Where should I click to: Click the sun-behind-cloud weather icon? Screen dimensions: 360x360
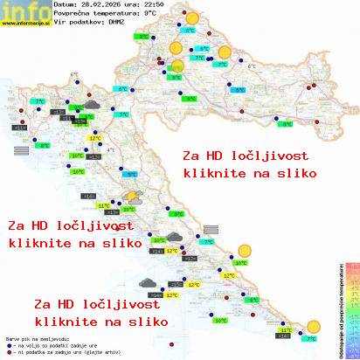click(134, 197)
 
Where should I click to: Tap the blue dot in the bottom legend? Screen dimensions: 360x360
click(9, 343)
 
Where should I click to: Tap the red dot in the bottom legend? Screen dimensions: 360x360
click(9, 350)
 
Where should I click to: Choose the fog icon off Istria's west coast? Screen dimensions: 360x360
click(21, 150)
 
